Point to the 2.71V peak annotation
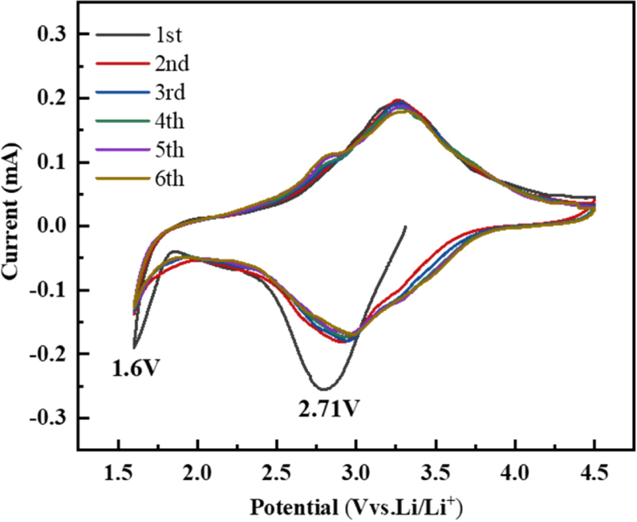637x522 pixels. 327,408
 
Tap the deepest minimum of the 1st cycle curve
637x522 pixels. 323,389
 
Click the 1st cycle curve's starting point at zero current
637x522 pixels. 405,226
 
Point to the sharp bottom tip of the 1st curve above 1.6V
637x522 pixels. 134,347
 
